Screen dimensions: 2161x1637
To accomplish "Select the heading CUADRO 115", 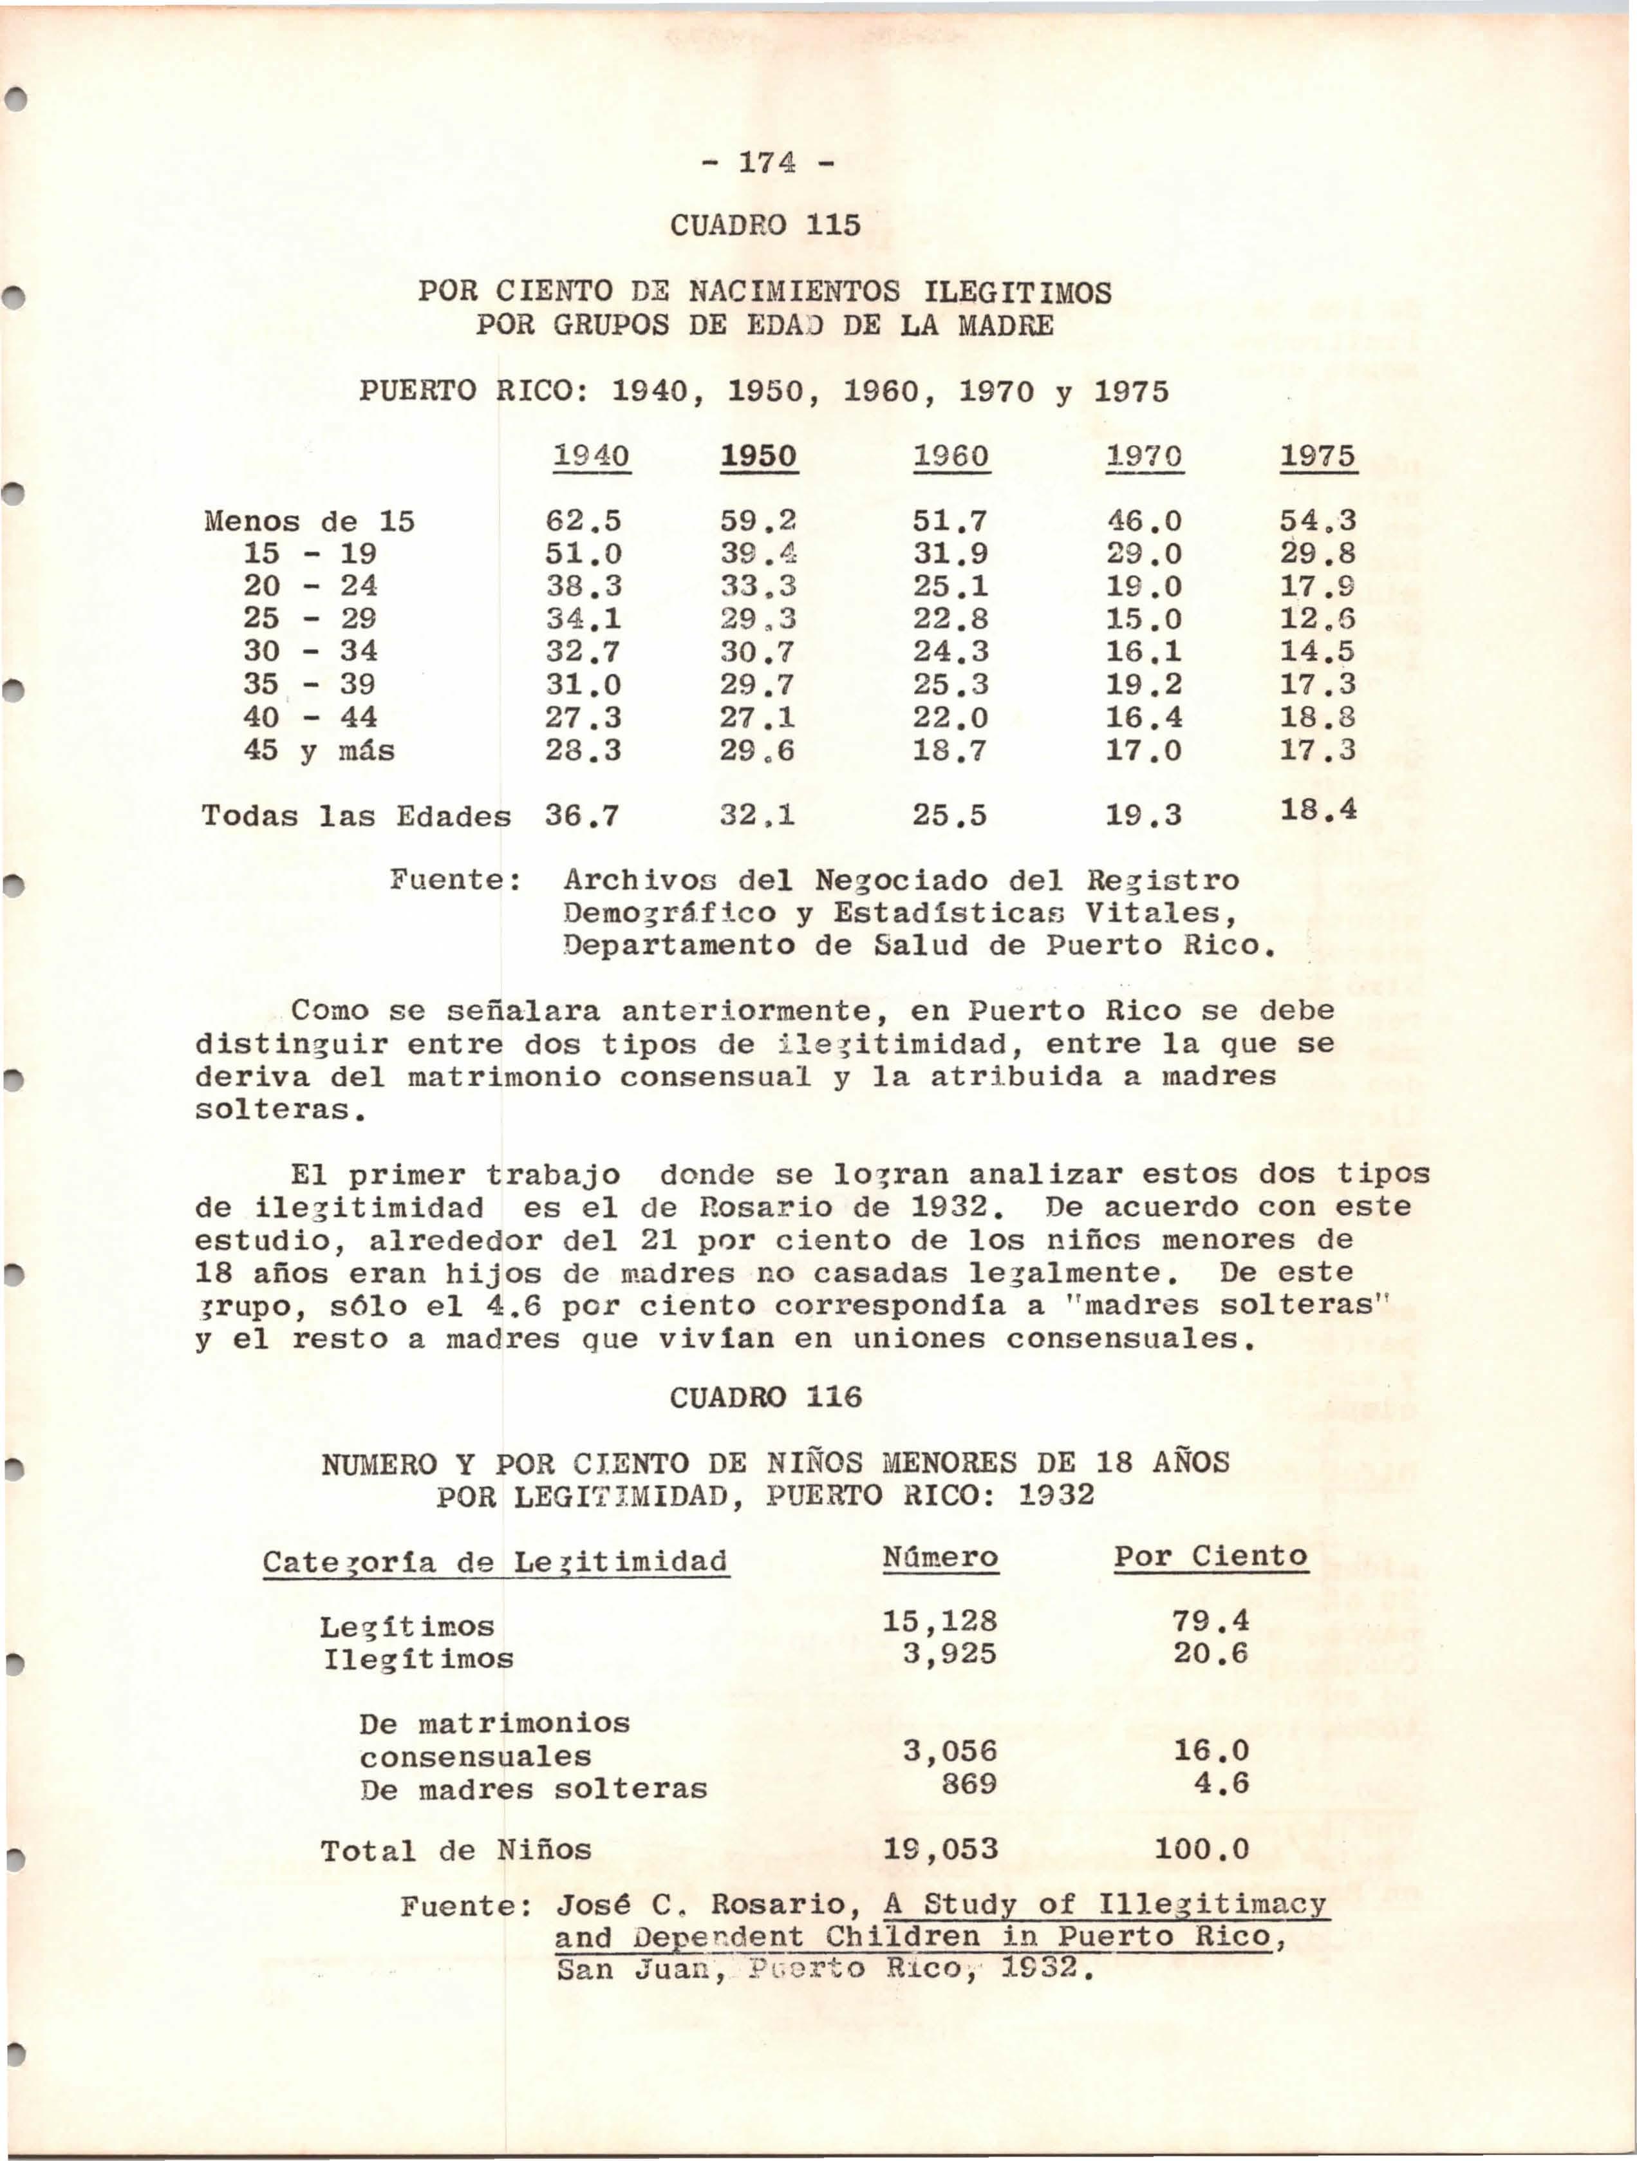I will click(766, 225).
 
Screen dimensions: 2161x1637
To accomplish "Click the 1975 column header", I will click(1318, 457).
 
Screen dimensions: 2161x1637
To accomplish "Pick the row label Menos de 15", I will click(308, 522).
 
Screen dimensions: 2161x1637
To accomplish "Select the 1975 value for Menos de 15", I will click(1318, 522).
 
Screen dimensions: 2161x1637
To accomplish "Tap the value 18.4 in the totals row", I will click(1318, 809).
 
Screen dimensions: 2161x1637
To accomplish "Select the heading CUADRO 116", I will click(766, 1397).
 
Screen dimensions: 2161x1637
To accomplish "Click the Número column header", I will click(940, 1557).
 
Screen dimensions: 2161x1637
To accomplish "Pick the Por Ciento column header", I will click(1211, 1556).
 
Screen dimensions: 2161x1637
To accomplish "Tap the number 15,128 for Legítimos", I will click(940, 1622).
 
